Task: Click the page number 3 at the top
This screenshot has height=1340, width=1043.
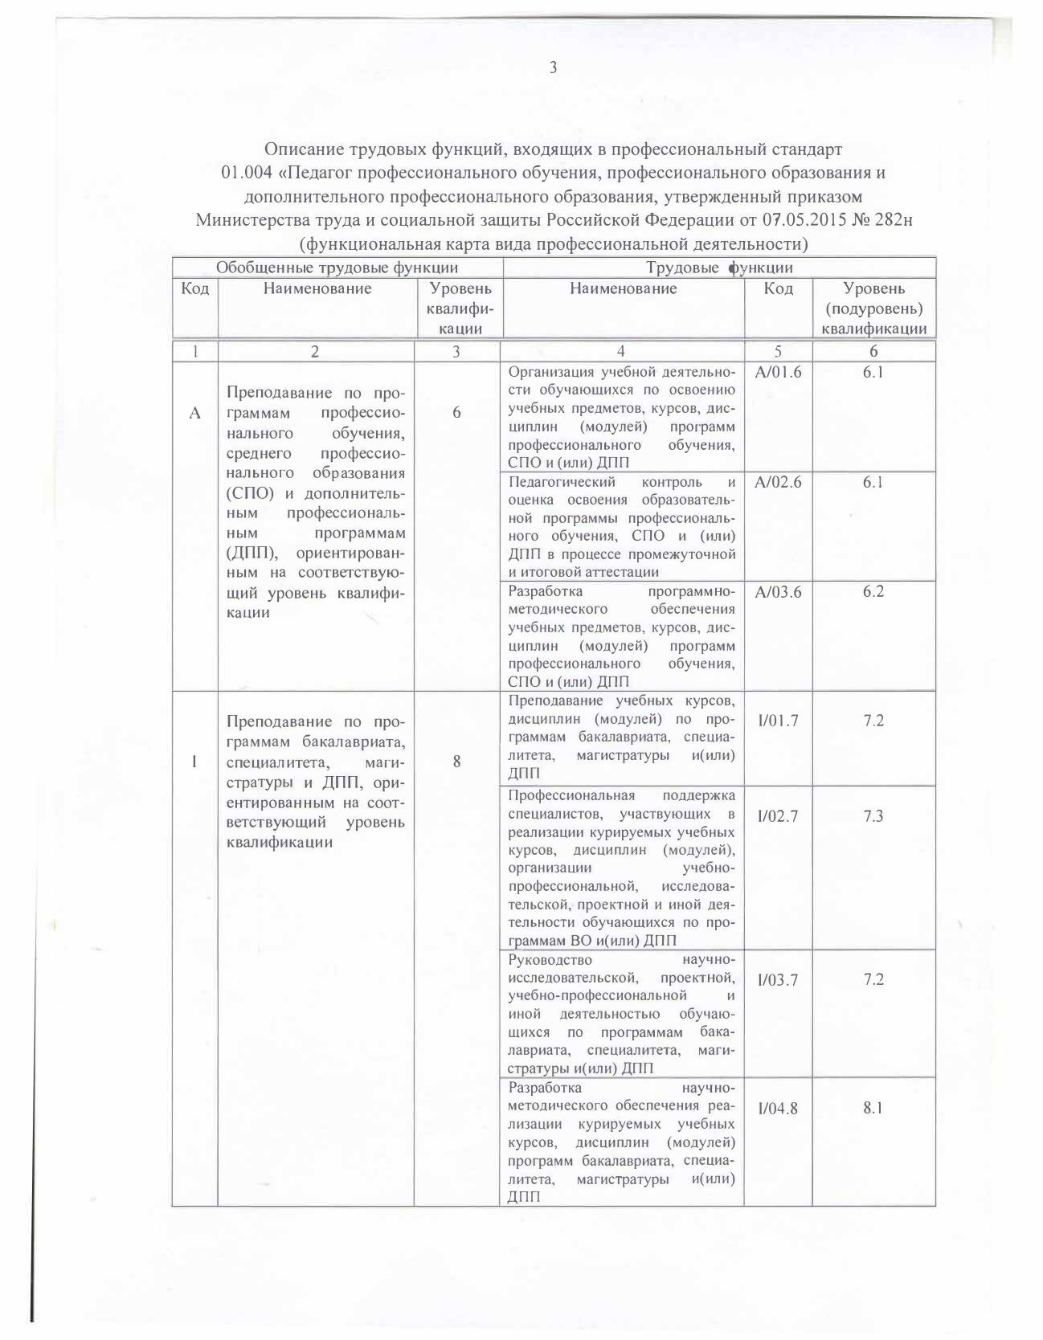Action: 553,67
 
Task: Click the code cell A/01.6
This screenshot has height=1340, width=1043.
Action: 778,372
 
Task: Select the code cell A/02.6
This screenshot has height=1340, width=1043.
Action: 778,482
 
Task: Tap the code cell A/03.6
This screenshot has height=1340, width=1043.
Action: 778,592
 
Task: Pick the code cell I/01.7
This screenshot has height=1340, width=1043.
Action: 778,721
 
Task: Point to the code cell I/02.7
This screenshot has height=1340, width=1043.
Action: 778,816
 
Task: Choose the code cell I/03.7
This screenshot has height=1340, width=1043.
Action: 778,980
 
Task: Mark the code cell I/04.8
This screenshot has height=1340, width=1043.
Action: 778,1109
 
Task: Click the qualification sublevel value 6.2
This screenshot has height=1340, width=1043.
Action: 873,592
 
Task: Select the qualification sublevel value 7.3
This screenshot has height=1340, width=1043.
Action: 873,816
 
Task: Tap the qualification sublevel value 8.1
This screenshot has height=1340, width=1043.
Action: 873,1109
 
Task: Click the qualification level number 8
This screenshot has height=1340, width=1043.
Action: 456,761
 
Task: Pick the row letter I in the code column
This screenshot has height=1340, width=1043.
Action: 194,761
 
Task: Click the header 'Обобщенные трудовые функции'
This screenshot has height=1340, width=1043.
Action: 337,268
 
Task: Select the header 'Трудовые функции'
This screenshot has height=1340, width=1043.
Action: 720,268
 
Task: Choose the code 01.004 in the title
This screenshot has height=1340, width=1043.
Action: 248,173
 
